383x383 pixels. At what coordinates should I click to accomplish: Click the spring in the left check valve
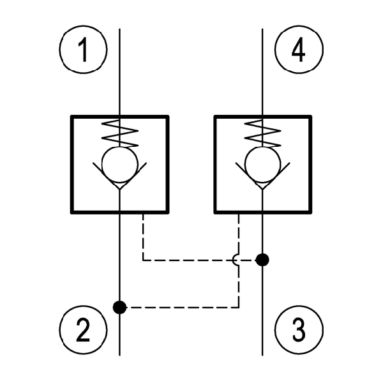click(x=119, y=133)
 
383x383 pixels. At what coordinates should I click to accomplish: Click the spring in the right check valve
click(x=263, y=133)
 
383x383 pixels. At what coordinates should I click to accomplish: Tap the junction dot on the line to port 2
click(x=119, y=308)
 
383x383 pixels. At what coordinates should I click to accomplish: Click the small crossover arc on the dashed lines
click(x=237, y=259)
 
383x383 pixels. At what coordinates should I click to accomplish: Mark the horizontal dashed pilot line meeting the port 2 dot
click(x=179, y=308)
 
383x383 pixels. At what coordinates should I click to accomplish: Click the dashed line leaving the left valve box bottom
click(x=143, y=236)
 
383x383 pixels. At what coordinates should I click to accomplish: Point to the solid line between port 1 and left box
click(x=119, y=83)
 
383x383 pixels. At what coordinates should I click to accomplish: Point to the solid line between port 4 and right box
click(x=263, y=83)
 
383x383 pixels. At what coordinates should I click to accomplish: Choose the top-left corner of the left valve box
click(x=71, y=117)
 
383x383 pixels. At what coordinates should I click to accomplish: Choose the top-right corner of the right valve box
click(x=311, y=117)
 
